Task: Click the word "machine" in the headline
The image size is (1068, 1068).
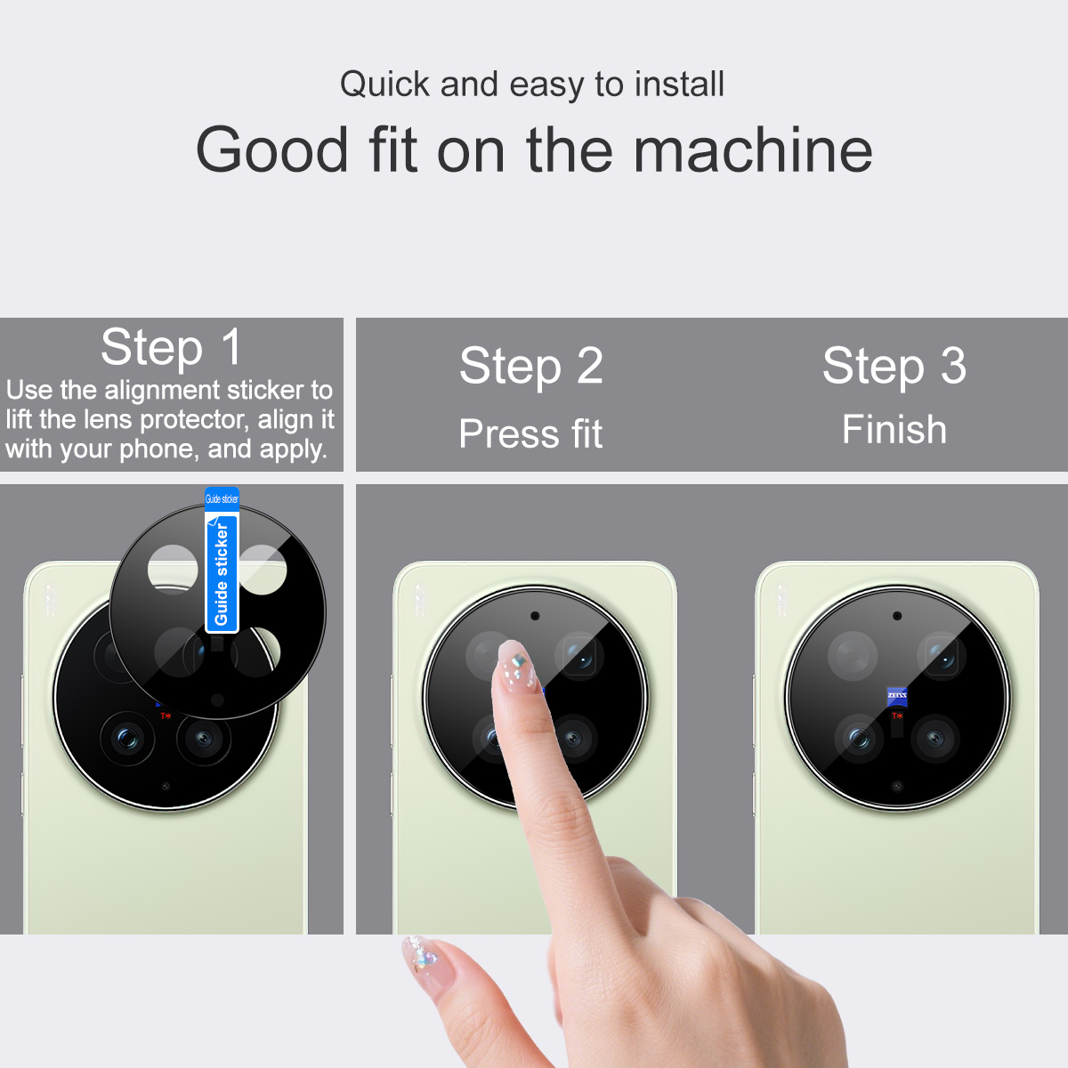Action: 752,150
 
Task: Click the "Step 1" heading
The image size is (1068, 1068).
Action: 171,347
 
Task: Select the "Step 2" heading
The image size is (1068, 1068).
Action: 530,366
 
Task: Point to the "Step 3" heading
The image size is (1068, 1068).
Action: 894,366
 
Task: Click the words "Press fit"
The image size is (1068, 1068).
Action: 530,433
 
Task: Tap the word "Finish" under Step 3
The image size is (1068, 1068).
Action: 894,430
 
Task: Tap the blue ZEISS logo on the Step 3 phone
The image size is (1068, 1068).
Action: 897,697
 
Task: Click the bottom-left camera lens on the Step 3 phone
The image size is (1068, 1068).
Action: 860,738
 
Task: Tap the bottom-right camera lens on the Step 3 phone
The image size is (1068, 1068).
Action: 935,738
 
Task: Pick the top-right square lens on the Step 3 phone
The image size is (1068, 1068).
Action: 942,656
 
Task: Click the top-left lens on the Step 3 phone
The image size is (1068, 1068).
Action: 853,656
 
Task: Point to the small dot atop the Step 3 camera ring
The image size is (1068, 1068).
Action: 897,616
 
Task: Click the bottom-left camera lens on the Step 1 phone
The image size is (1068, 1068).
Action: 127,738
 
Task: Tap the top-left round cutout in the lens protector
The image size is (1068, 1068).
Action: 173,570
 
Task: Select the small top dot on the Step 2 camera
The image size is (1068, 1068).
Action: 535,616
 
